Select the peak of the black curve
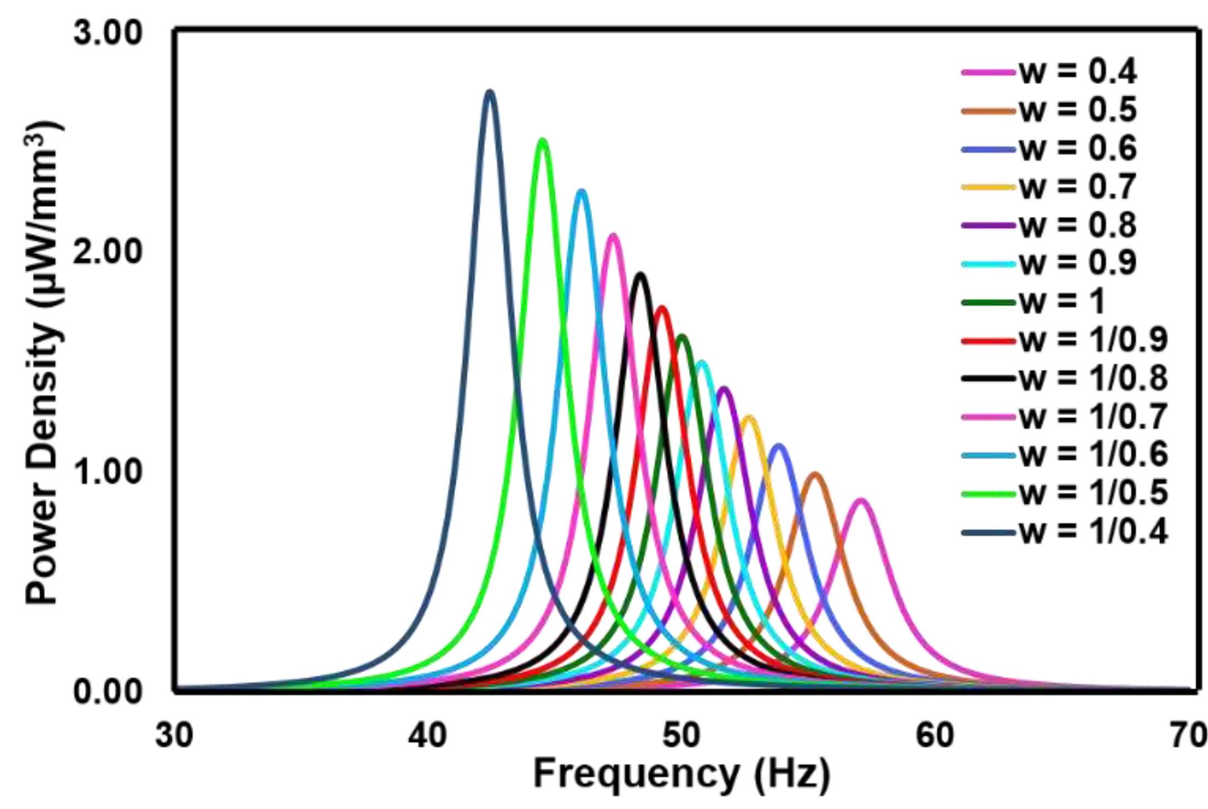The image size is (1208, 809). (x=640, y=274)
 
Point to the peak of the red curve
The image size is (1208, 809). (x=662, y=308)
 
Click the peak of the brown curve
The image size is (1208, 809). (x=815, y=475)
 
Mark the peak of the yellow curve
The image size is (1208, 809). (x=749, y=417)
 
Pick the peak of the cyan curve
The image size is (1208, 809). (x=701, y=363)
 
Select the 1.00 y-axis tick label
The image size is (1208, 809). (x=108, y=472)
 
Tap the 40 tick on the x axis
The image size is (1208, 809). (x=427, y=736)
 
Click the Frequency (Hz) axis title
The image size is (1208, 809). (x=682, y=774)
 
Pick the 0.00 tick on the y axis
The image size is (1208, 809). (x=108, y=691)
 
